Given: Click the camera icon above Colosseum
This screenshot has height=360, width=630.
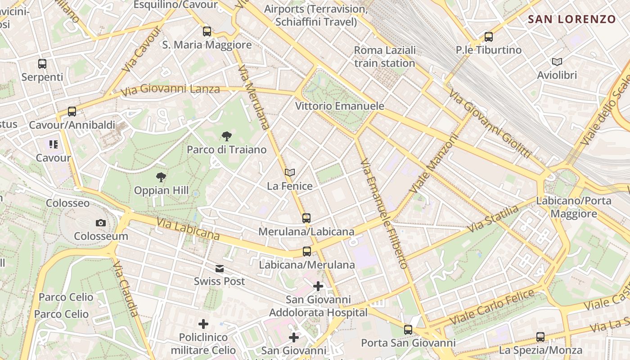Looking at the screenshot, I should click(x=101, y=223).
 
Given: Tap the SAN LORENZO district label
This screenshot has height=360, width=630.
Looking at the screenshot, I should click(x=571, y=19).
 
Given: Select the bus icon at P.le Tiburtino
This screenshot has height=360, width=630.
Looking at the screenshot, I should click(x=489, y=37).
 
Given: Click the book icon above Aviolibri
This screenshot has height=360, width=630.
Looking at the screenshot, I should click(x=557, y=62).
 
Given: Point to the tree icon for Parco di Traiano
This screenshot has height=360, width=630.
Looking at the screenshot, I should click(x=227, y=136).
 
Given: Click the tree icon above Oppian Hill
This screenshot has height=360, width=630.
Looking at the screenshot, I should click(x=161, y=177).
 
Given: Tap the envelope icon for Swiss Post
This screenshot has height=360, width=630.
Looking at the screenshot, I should click(x=219, y=269).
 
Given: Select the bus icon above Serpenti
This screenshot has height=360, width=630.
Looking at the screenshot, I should click(x=42, y=64).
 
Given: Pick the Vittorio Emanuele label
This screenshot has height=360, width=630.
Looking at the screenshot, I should click(x=340, y=106).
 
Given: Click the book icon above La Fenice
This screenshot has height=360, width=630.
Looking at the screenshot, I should click(x=290, y=172).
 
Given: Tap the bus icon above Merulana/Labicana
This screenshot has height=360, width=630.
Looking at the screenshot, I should click(x=306, y=218).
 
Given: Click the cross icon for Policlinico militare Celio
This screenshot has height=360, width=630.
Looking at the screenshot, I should click(x=203, y=324).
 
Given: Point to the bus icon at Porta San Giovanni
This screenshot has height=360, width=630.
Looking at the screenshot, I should click(x=408, y=330).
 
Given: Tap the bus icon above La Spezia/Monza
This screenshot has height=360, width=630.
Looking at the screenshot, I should click(x=540, y=337).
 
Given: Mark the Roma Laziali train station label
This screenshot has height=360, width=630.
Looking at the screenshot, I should click(x=385, y=57).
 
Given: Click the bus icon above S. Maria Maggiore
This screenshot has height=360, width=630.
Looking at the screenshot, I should click(x=207, y=31).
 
